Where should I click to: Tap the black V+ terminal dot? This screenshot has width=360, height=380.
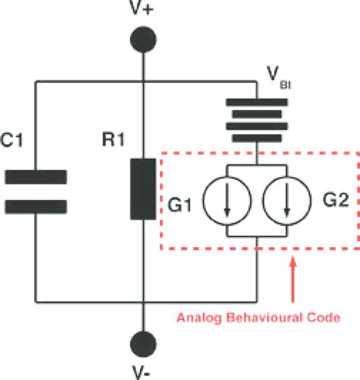point(142,39)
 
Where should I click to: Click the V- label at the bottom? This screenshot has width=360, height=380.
point(142,372)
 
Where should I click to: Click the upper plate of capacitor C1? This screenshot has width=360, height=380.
point(36,177)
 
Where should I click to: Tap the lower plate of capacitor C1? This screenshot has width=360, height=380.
point(36,205)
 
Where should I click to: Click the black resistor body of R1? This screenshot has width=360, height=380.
point(142,189)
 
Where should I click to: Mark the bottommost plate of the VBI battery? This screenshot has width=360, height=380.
point(258,141)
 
